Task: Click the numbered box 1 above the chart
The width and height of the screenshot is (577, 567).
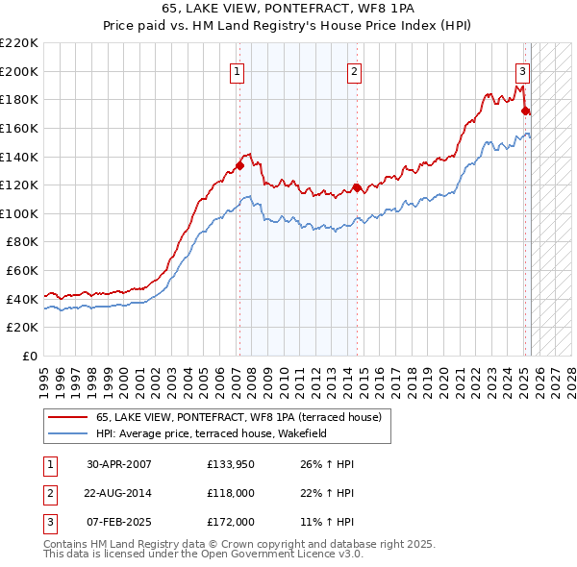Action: point(237,70)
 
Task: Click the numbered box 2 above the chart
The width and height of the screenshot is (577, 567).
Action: point(355,70)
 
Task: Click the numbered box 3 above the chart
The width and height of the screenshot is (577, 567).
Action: point(522,70)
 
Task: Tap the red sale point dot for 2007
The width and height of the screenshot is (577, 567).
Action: point(238,164)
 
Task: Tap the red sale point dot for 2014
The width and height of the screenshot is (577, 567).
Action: point(357,187)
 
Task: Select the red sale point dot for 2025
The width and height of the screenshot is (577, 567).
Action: point(526,111)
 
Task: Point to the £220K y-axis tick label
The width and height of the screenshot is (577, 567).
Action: point(20,43)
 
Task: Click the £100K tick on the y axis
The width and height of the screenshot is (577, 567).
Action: point(20,213)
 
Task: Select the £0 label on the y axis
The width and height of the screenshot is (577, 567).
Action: point(31,357)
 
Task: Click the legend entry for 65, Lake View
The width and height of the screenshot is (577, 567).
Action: point(238,417)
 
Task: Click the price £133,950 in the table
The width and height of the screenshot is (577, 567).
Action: point(230,464)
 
